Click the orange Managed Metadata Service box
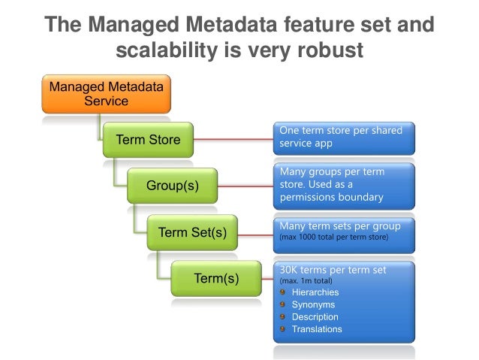[106, 93]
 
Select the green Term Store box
[147, 140]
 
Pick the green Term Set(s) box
[192, 232]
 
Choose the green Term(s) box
[216, 279]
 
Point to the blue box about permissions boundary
[343, 184]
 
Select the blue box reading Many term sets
[343, 231]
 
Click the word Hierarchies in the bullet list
[315, 292]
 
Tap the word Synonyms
[313, 304]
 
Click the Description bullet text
[315, 316]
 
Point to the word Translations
[316, 328]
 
